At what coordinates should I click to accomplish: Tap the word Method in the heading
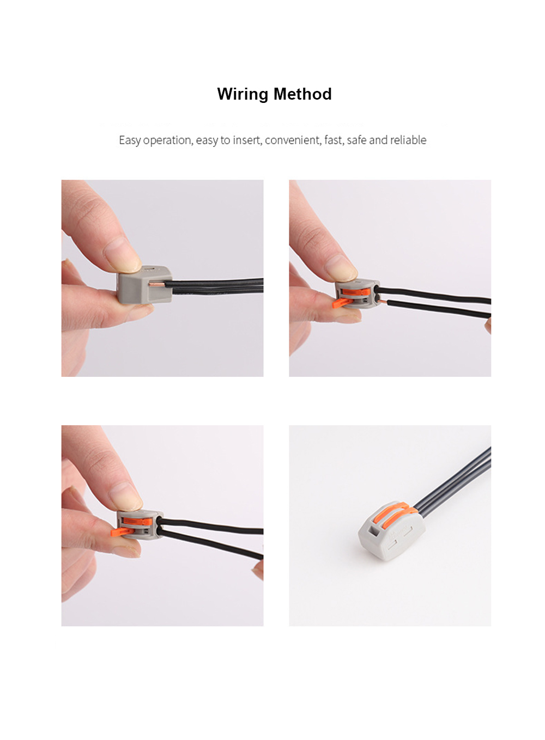point(302,94)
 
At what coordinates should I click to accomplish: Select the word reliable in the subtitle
point(408,140)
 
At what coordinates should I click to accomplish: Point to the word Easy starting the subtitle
point(130,140)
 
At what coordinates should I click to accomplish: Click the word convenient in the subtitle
point(293,140)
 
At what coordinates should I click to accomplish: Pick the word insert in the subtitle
point(247,140)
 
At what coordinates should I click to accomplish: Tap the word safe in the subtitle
point(356,140)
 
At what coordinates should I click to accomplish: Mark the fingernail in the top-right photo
point(341,268)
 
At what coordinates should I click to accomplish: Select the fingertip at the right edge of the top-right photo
point(488,326)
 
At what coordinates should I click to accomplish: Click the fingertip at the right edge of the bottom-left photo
point(258,571)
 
